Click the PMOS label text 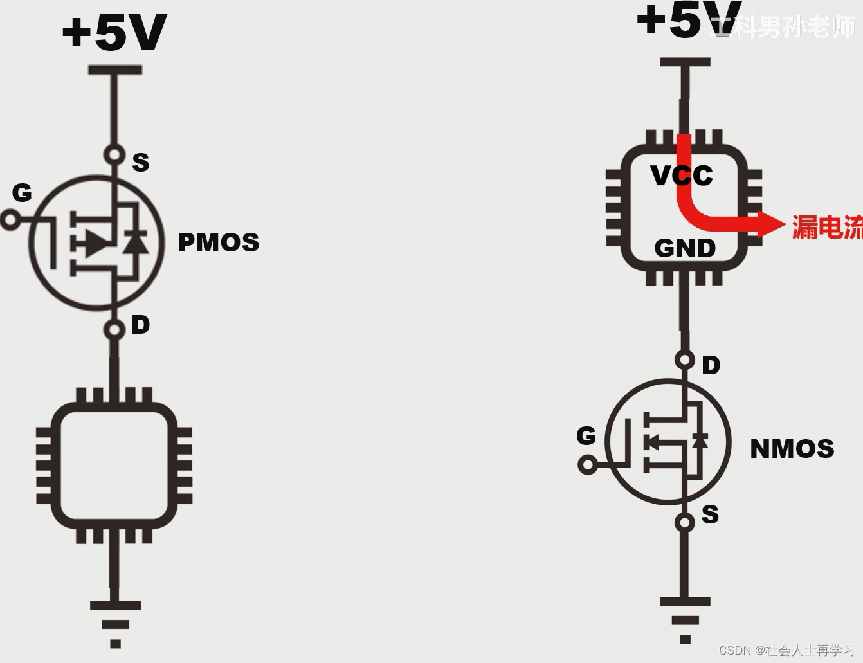point(218,242)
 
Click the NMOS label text point(792,448)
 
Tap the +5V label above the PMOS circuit point(114,32)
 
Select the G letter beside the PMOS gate point(22,192)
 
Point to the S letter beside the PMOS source point(140,162)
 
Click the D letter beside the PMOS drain point(140,325)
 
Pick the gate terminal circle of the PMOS point(10,220)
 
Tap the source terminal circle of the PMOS point(114,154)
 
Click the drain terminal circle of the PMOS point(114,330)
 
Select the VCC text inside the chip point(682,176)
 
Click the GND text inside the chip point(685,248)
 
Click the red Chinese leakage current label point(827,227)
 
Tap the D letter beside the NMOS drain point(711,365)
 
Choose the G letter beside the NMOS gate point(586,436)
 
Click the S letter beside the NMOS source point(710,514)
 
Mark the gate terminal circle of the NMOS point(587,464)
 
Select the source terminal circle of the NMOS point(685,522)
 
